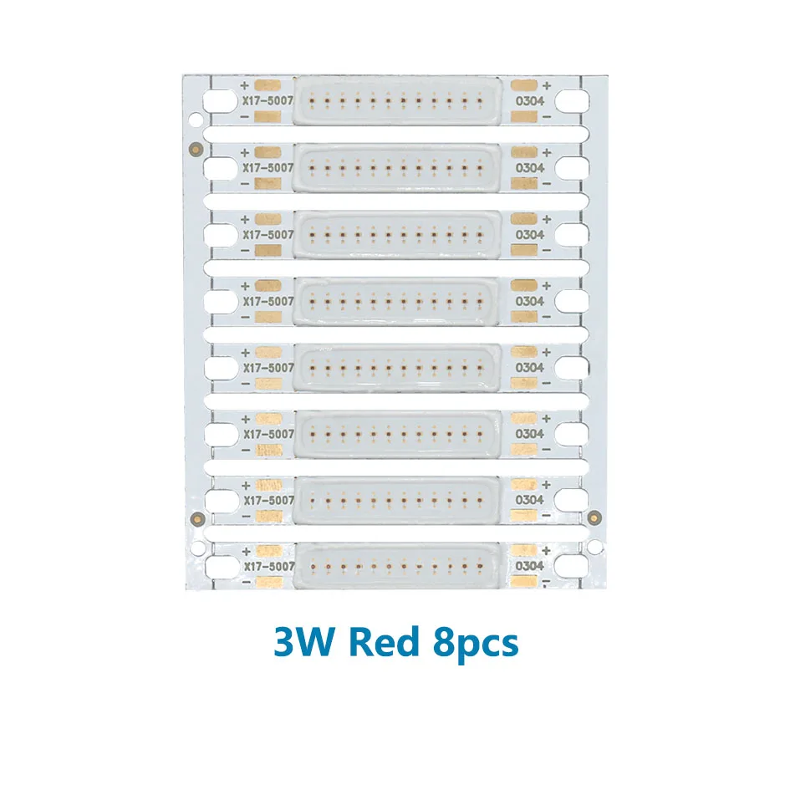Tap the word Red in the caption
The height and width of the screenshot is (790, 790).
click(382, 644)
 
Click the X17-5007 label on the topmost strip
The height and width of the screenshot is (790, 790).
click(268, 101)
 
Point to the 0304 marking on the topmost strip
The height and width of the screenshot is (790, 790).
click(530, 101)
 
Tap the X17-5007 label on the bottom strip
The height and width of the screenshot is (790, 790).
click(268, 567)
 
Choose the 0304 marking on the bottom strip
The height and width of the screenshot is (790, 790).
click(530, 566)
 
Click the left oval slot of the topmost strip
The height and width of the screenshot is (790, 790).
click(221, 101)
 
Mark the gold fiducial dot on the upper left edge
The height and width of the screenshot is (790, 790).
click(194, 149)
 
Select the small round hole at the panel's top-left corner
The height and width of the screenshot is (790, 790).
click(195, 120)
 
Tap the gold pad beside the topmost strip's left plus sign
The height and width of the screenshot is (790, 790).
click(268, 85)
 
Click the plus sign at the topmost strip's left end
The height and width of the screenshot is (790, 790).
click(244, 85)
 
